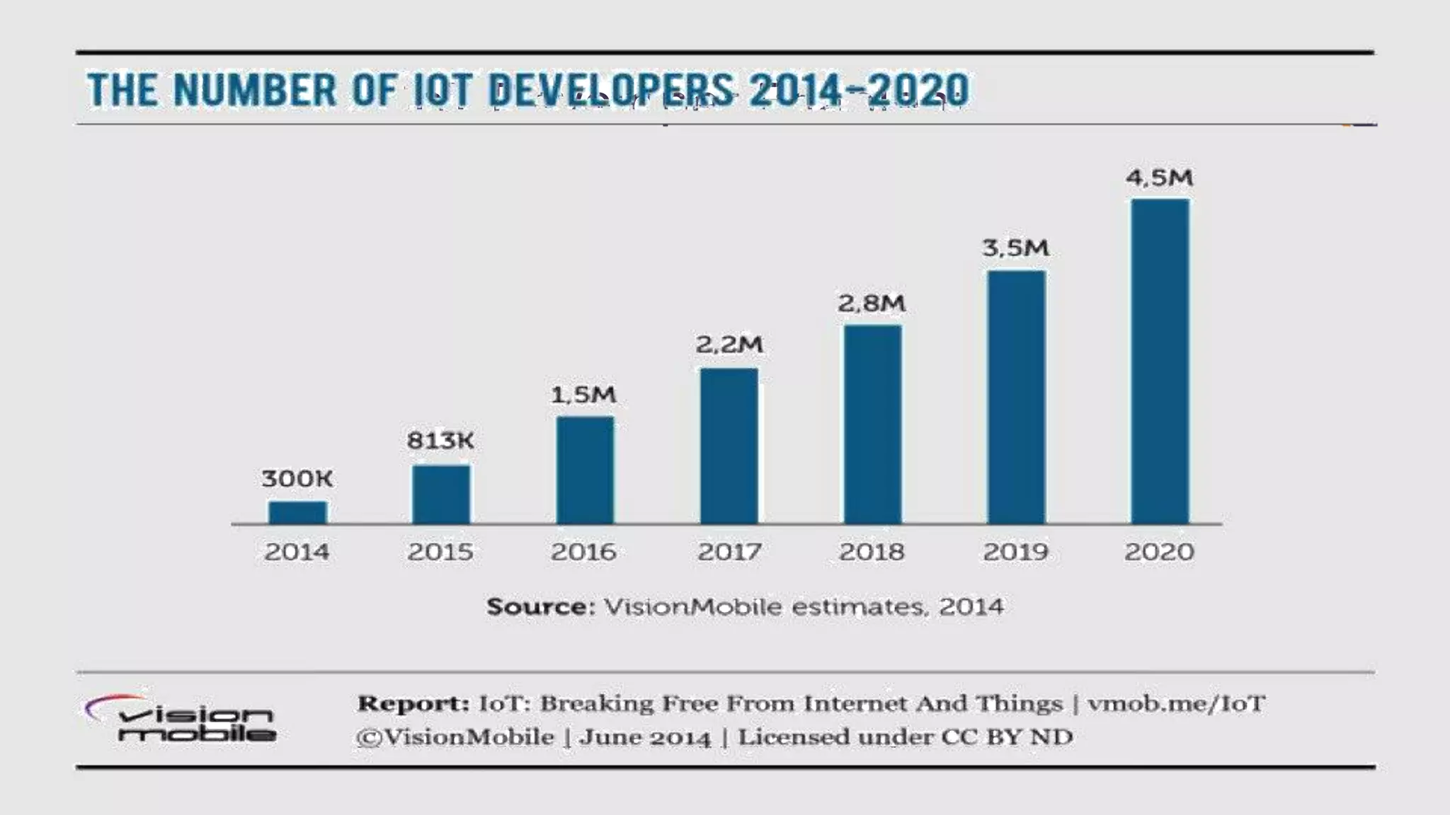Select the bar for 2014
tap(297, 512)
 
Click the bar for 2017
tap(729, 446)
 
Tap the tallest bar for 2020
tap(1160, 361)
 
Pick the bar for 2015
tap(440, 494)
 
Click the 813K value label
tap(440, 441)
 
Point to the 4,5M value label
tap(1159, 178)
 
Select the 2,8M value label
tap(871, 304)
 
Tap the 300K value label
tap(297, 479)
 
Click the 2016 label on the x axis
tap(583, 552)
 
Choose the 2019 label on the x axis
tap(1015, 552)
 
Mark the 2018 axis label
tap(872, 552)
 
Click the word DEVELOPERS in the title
tap(611, 91)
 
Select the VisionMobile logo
tap(181, 719)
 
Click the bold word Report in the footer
tap(413, 703)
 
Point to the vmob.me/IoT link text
tap(1176, 703)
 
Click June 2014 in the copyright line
tap(645, 737)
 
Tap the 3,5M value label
tap(1015, 248)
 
